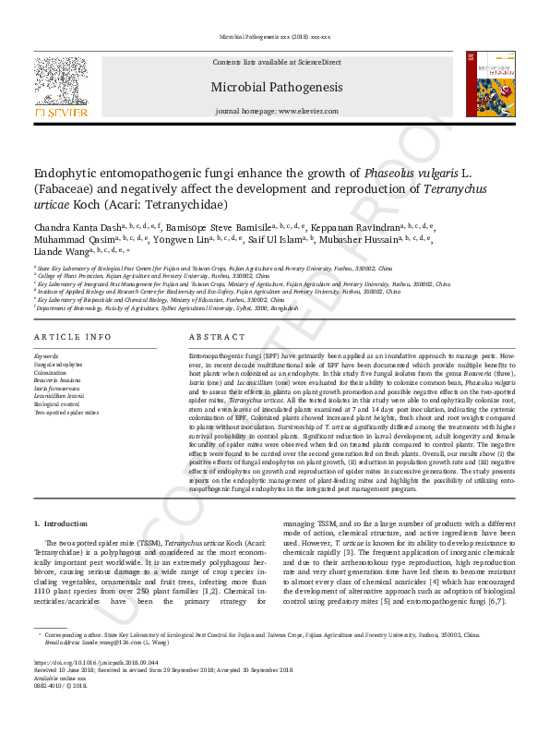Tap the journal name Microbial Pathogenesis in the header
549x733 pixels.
point(275,88)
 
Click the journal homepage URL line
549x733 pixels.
point(275,111)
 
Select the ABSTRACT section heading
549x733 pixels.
point(214,337)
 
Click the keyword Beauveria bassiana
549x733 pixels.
point(57,379)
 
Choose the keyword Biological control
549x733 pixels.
point(57,403)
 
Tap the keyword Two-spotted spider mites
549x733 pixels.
point(66,412)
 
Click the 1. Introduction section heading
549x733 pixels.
point(60,523)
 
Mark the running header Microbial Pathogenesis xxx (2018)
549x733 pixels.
point(275,38)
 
